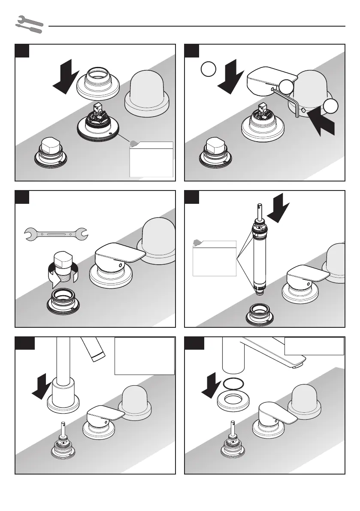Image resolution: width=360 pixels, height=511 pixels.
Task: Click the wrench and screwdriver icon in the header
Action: (x=29, y=24)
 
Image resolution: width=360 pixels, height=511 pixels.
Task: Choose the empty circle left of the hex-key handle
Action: (x=207, y=69)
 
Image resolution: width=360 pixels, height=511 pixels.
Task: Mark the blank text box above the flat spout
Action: (x=314, y=346)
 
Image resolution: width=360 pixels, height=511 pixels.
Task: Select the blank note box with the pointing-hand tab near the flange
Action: (x=151, y=160)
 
